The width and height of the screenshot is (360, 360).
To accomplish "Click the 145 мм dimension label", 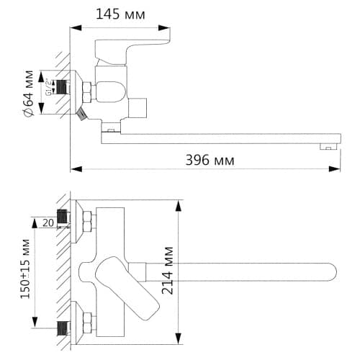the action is tap(120, 14).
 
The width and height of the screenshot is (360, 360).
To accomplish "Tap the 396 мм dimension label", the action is tap(210, 160).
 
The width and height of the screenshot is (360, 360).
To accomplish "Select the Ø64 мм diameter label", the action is tap(29, 93).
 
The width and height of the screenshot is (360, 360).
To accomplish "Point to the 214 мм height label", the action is tap(167, 271).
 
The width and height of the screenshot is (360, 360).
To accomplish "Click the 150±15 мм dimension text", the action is tap(25, 269).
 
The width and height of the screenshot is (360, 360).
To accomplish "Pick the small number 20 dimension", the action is tap(48, 222).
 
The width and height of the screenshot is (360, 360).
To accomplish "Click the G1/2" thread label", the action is tap(48, 87).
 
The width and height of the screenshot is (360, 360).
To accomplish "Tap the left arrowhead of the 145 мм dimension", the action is tap(76, 27).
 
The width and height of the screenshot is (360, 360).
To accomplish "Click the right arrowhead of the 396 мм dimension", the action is tap(334, 169).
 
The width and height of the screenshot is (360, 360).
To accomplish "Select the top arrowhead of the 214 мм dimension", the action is tap(179, 206).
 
